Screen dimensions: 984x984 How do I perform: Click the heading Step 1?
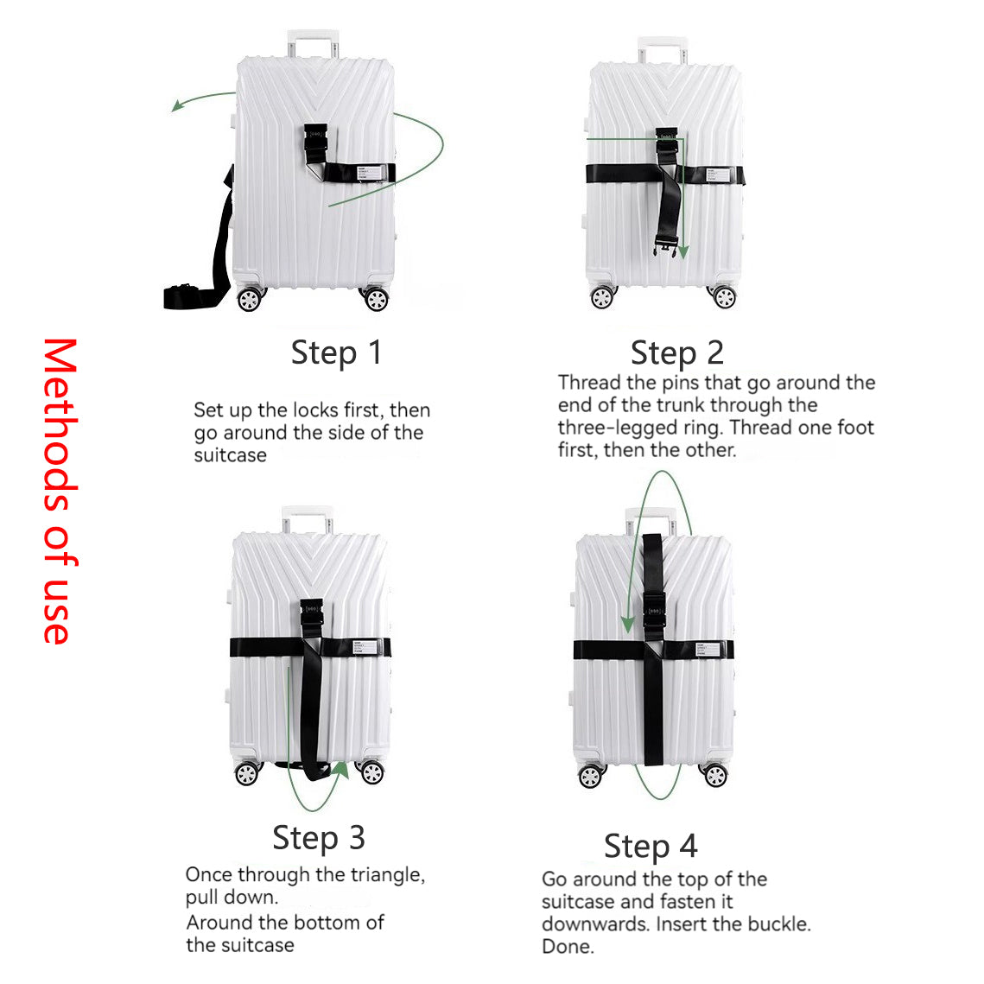click(336, 352)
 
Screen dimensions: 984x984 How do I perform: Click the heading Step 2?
click(677, 352)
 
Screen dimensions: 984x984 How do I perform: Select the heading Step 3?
click(319, 838)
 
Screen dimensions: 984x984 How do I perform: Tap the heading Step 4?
click(651, 847)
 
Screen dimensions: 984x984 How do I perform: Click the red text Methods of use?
click(60, 492)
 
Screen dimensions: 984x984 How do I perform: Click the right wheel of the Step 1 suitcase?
click(376, 299)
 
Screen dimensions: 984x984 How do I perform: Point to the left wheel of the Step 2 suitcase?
click(602, 297)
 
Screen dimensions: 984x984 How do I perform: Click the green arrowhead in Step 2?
click(683, 252)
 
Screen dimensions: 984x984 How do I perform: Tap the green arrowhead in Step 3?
click(341, 770)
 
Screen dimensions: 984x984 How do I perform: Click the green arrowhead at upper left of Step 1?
click(178, 105)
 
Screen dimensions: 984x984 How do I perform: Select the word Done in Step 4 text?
click(568, 946)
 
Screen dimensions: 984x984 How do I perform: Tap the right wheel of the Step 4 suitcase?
click(715, 776)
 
